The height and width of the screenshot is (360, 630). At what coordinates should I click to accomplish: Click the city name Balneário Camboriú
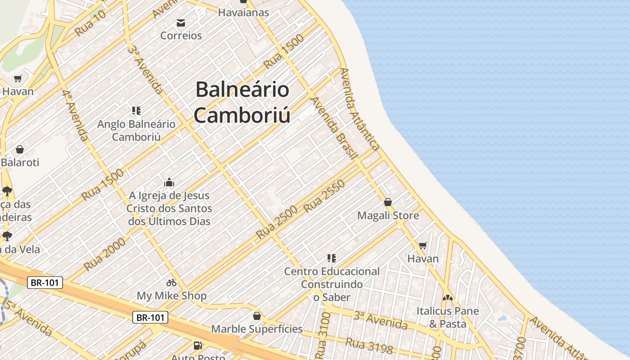tap(242, 102)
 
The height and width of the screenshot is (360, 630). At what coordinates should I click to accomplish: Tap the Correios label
tap(181, 36)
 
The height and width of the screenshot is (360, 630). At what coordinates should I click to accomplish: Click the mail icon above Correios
tap(181, 23)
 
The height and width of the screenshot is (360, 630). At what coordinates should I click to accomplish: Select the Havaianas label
tap(243, 13)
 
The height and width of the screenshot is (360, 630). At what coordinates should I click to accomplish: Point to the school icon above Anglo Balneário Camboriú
tap(136, 110)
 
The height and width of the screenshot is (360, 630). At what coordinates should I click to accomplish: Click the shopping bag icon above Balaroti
tap(19, 149)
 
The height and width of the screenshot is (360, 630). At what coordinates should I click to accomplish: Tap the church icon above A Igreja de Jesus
tap(169, 182)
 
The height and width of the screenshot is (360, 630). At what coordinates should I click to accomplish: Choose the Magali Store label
tap(388, 216)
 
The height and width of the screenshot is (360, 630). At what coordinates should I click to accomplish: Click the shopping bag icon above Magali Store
tap(388, 202)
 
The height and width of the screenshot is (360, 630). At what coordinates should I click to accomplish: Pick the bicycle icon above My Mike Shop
tap(171, 283)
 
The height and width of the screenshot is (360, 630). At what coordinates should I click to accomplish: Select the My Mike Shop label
tap(171, 296)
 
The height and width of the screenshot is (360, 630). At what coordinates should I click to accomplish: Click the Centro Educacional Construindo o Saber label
tap(332, 284)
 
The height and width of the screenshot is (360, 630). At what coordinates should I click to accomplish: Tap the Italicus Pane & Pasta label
tap(447, 317)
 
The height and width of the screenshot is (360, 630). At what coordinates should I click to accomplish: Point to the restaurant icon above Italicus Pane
tap(447, 297)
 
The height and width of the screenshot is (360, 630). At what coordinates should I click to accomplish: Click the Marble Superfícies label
tap(257, 329)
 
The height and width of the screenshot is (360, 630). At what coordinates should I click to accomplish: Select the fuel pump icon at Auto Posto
tap(198, 346)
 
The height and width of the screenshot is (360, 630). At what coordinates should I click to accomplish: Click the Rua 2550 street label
tap(324, 196)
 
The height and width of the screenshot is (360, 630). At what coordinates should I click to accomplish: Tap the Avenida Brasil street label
tap(334, 128)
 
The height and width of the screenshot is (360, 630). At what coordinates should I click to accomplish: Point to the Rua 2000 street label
tap(104, 255)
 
